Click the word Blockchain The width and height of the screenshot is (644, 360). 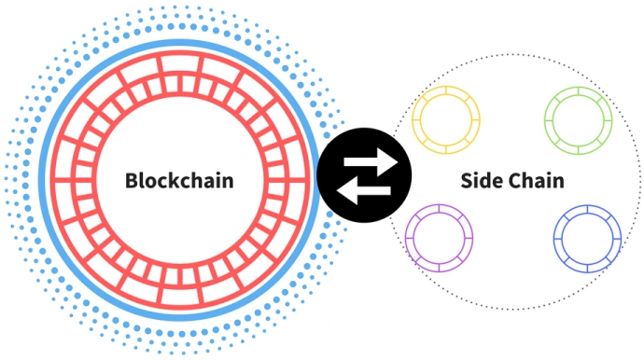point(178,180)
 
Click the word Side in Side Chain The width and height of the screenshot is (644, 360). point(480,180)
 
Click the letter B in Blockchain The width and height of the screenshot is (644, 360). point(132,180)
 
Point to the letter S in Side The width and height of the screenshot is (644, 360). point(467,180)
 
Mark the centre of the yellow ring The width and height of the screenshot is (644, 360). point(446,121)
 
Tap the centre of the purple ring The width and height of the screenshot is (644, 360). point(440,238)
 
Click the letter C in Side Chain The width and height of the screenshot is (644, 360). point(514,180)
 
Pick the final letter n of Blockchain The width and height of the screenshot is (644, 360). point(227,181)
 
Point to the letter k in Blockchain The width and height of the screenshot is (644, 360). point(172,180)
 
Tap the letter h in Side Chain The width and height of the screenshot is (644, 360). point(527,180)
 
